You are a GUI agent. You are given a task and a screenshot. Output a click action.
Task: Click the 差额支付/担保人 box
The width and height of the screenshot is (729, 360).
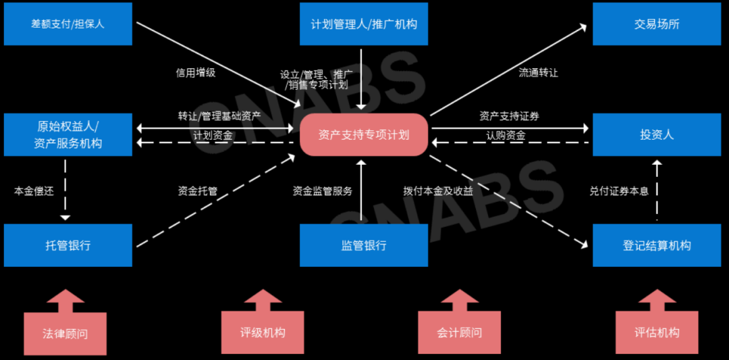[x=67, y=24]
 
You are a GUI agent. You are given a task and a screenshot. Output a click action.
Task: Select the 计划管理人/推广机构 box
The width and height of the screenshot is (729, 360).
[x=364, y=24]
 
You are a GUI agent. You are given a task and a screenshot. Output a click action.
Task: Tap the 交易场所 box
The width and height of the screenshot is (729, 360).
[x=657, y=24]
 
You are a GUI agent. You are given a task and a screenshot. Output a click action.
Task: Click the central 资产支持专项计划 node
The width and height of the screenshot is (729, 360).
[x=364, y=134]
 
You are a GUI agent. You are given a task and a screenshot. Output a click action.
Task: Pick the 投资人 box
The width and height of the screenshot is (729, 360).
[x=657, y=134]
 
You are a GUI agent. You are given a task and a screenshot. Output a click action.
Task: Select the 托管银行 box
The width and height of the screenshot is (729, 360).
[x=67, y=245]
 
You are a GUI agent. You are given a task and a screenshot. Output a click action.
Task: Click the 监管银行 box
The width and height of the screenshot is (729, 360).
[x=364, y=245]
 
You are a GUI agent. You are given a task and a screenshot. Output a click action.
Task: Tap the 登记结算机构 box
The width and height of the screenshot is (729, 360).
[x=657, y=245]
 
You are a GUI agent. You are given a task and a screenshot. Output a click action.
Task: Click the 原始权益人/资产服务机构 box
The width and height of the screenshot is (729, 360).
[x=67, y=134]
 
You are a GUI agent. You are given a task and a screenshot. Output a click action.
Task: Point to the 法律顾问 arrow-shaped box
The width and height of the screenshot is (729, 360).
[x=65, y=332]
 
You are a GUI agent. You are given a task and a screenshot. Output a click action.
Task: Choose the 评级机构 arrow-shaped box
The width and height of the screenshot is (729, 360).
[x=263, y=332]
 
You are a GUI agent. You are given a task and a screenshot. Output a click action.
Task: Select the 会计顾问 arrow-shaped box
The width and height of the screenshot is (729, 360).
[x=460, y=332]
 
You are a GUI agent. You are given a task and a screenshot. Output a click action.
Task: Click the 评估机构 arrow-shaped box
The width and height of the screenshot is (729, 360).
[x=657, y=332]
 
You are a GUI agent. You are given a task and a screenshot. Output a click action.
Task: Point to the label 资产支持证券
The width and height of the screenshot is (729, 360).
[x=510, y=117]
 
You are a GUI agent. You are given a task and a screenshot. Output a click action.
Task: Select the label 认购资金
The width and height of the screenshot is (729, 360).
[x=506, y=135]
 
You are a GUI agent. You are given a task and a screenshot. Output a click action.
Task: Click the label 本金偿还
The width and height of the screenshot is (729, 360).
[x=34, y=191]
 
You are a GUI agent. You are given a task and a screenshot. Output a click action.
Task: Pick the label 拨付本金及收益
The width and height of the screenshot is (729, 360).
[x=438, y=191]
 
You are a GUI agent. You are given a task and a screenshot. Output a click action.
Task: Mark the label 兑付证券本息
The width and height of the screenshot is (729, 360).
[x=619, y=191]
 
